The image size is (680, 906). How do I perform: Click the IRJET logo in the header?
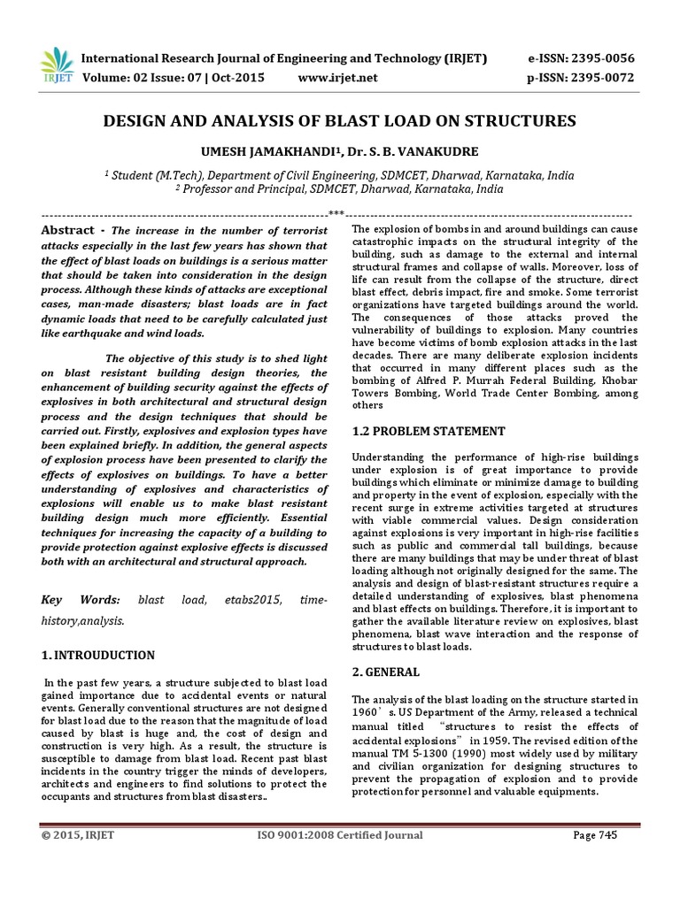pyautogui.click(x=55, y=64)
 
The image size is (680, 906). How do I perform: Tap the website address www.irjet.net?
pyautogui.click(x=333, y=78)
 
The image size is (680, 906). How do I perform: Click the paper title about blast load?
pyautogui.click(x=339, y=120)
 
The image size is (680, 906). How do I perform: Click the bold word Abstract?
pyautogui.click(x=67, y=230)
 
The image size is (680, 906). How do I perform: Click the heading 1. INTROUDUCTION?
pyautogui.click(x=97, y=656)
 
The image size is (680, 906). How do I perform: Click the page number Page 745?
pyautogui.click(x=595, y=834)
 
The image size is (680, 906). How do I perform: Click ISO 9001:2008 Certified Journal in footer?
pyautogui.click(x=339, y=834)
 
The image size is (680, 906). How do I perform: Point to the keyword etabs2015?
pyautogui.click(x=251, y=601)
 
